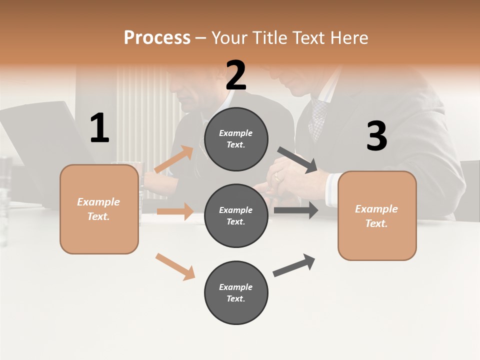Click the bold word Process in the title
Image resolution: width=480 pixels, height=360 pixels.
point(157,38)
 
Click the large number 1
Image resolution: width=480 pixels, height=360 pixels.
point(99,128)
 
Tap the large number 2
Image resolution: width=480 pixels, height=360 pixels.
point(236,75)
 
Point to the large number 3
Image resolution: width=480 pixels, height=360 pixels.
point(376,136)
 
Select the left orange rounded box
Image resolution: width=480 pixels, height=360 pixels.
point(99,209)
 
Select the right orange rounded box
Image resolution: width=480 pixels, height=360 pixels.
point(377,215)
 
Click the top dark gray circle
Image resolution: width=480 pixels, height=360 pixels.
point(236,139)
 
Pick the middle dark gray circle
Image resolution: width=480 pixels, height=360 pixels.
point(236,215)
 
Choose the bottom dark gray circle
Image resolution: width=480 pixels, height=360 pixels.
point(236,292)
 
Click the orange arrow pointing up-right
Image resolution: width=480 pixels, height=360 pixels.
point(173,159)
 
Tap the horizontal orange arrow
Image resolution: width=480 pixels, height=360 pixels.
point(175,211)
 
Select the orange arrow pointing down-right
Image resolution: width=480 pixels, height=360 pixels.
point(175,266)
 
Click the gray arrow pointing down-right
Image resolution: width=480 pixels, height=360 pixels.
point(297,160)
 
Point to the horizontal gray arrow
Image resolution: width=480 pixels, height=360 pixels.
point(295,210)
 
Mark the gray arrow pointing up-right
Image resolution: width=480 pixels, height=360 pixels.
point(294,265)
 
